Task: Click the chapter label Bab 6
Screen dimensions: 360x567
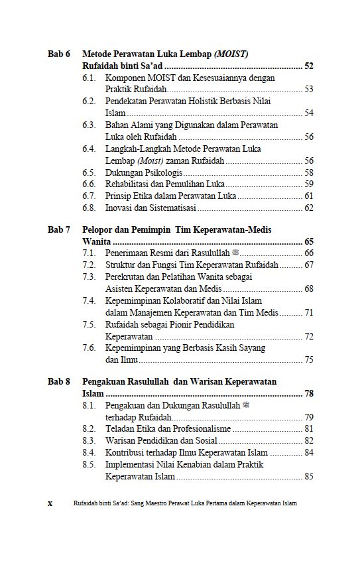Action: (58, 54)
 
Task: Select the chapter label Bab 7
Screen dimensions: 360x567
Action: (58, 229)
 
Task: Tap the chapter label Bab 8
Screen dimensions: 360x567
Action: (58, 382)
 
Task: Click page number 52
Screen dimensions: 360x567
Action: (308, 66)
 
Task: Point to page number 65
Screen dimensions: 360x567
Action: (308, 241)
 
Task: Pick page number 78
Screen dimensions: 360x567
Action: (308, 394)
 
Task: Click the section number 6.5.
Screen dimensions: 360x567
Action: (90, 172)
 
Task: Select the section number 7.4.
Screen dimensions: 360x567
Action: (90, 300)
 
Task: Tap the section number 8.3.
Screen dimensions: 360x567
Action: (90, 440)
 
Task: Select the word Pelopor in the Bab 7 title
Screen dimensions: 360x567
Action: (97, 229)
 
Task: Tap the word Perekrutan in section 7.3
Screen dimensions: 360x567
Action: (126, 277)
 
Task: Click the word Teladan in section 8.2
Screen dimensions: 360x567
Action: (120, 429)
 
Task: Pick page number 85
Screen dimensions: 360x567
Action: (308, 476)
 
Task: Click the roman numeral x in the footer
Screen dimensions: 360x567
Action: (50, 503)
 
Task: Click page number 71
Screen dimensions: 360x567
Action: (308, 313)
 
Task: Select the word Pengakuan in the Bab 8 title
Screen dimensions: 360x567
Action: (105, 382)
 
